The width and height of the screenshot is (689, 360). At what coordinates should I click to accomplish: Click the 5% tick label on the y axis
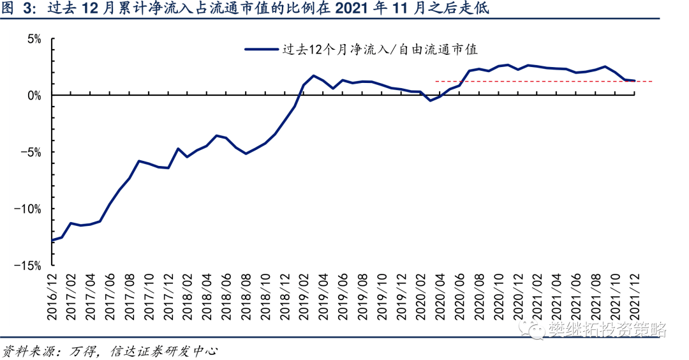[x=34, y=40]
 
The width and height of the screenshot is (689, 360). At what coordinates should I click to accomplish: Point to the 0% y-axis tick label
[x=34, y=96]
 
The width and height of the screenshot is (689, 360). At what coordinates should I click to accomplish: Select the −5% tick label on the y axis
[x=31, y=153]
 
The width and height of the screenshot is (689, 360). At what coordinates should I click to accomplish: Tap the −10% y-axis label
[x=27, y=209]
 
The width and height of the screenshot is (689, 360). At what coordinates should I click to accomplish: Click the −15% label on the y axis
[x=27, y=266]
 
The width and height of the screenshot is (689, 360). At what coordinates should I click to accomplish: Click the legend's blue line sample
[x=262, y=49]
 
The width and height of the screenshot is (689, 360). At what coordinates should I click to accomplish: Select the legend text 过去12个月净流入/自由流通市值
[x=380, y=49]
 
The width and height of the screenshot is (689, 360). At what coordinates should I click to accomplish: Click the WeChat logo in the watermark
[x=533, y=329]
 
